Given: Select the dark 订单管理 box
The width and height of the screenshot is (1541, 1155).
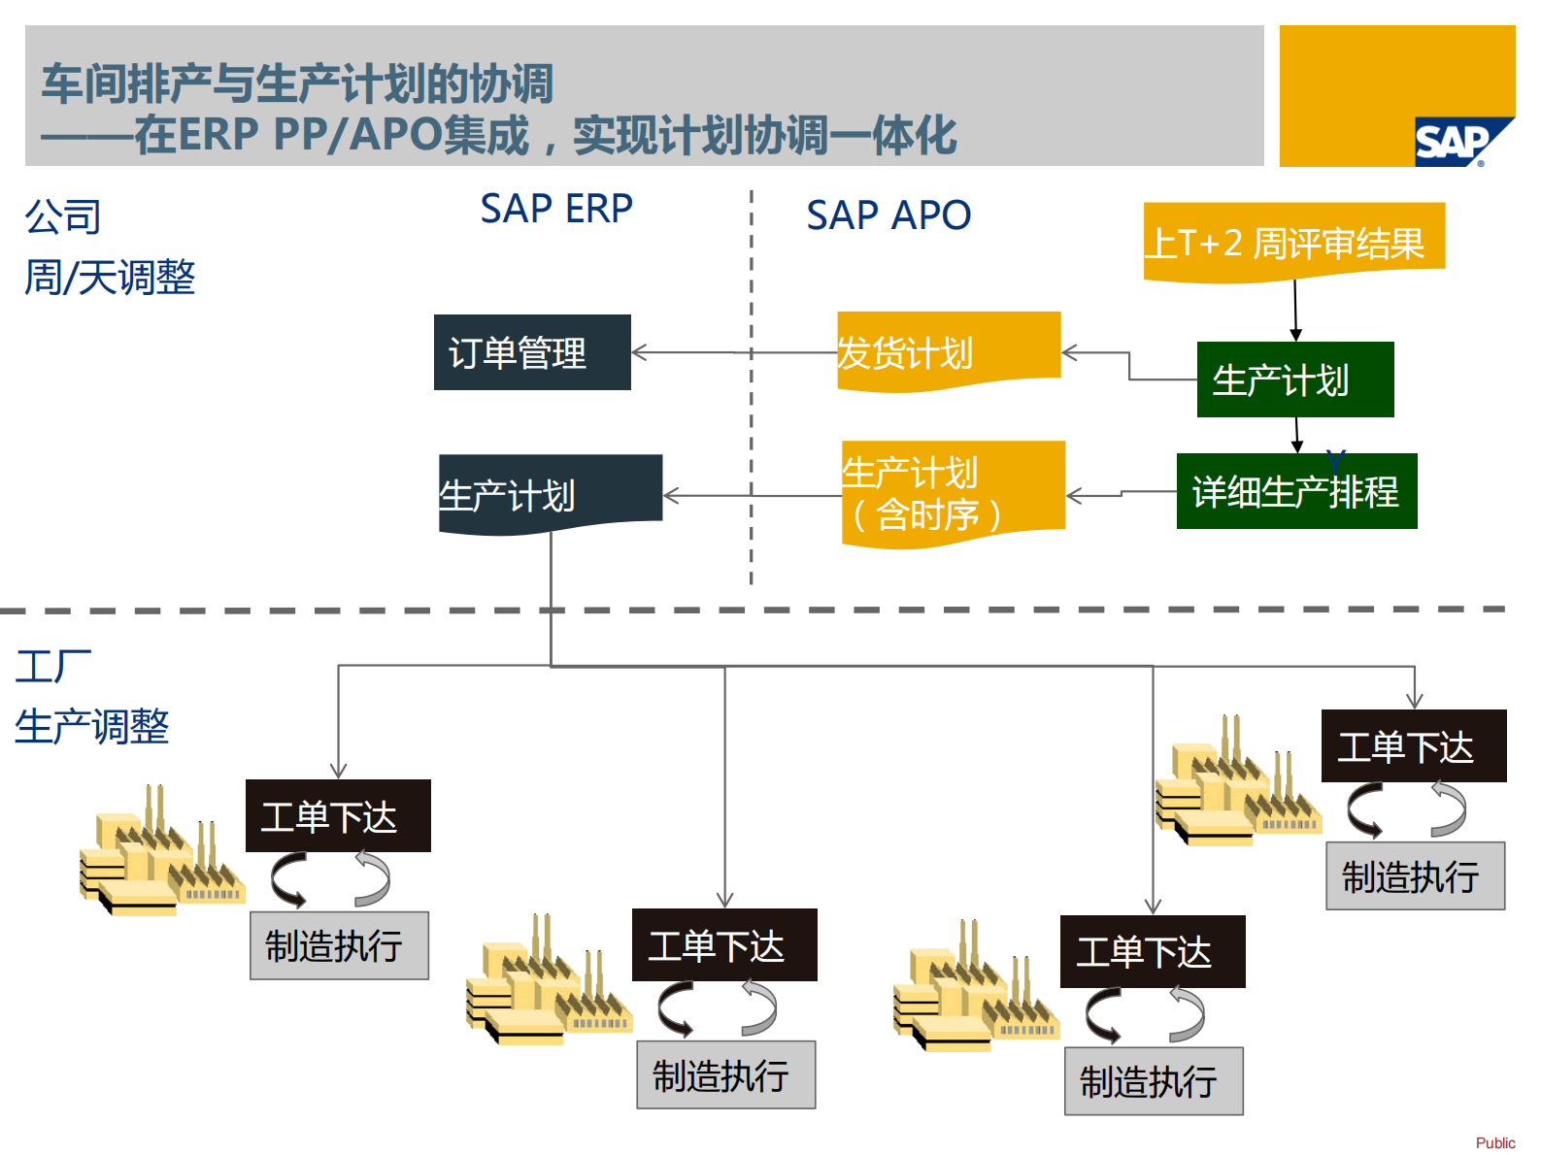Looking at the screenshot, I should (532, 352).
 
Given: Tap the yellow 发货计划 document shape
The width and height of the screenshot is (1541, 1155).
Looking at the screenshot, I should (948, 350).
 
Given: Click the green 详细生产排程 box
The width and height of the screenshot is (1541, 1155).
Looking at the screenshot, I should (1296, 491).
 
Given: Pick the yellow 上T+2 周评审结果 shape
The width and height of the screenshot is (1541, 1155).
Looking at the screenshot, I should (1293, 242).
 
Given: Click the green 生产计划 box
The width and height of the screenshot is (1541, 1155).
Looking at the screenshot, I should (1294, 379).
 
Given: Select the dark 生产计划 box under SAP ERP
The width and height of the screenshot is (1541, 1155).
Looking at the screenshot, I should (550, 492).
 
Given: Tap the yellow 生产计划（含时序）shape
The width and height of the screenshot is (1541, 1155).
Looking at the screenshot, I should (953, 493).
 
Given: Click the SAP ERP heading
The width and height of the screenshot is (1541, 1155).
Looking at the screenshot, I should (556, 209).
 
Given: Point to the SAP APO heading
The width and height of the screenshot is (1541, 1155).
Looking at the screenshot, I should (888, 214).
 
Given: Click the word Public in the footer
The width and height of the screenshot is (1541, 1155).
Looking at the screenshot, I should (1495, 1142).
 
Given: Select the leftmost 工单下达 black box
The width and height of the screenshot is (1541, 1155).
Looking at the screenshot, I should (338, 816).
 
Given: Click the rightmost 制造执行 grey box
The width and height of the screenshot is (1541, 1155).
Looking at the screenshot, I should (1415, 876).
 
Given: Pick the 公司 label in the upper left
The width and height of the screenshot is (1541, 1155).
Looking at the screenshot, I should (63, 216).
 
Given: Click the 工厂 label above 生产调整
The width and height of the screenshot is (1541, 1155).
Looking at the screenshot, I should (53, 666).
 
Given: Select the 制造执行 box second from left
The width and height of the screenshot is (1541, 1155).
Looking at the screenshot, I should (725, 1075).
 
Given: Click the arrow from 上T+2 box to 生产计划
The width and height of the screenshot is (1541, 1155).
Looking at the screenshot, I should (1295, 311).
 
